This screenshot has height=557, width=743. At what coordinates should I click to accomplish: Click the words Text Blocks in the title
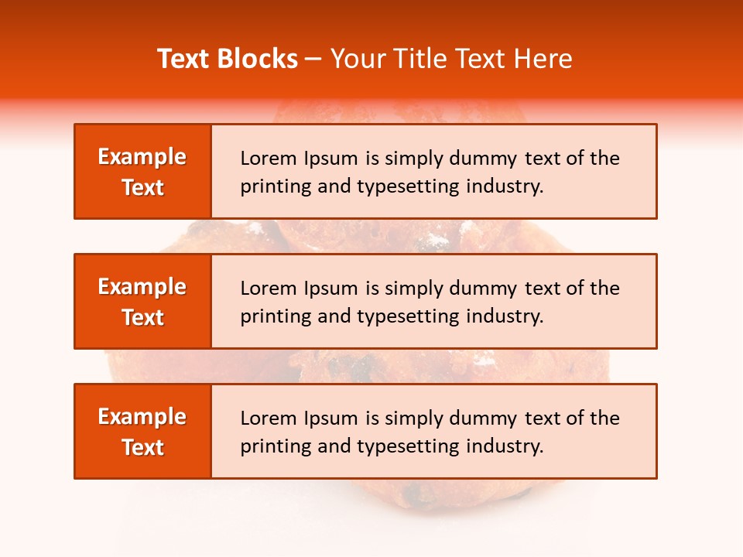pyautogui.click(x=228, y=59)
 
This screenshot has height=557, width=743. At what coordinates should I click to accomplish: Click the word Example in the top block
pyautogui.click(x=142, y=157)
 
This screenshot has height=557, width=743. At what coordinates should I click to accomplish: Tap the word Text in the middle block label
pyautogui.click(x=143, y=317)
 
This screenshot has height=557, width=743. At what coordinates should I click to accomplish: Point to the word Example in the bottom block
pyautogui.click(x=142, y=417)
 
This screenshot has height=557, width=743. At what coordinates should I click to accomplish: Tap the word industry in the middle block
pyautogui.click(x=503, y=316)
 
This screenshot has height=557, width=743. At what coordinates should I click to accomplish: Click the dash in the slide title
pyautogui.click(x=313, y=59)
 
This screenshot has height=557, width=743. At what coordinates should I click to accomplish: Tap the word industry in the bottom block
pyautogui.click(x=503, y=446)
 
